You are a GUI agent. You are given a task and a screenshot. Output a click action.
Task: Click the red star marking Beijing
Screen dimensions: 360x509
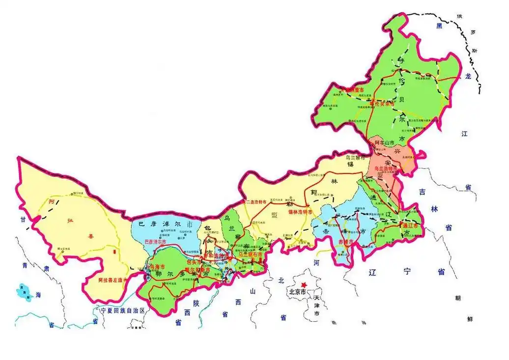click(304, 284)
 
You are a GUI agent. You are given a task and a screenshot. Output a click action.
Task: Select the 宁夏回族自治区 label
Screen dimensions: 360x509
click(122, 310)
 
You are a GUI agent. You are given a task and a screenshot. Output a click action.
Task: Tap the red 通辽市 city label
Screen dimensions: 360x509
click(409, 225)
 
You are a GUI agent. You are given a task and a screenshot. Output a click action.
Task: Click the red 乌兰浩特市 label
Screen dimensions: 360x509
click(387, 168)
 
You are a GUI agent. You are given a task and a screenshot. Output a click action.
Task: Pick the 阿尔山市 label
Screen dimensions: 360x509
click(385, 142)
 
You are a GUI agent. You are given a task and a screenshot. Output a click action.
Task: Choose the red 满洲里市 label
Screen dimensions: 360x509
click(354, 90)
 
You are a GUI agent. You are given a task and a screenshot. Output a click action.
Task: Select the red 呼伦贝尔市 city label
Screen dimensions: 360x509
click(382, 104)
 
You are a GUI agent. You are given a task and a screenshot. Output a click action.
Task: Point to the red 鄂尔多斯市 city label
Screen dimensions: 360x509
click(197, 271)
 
